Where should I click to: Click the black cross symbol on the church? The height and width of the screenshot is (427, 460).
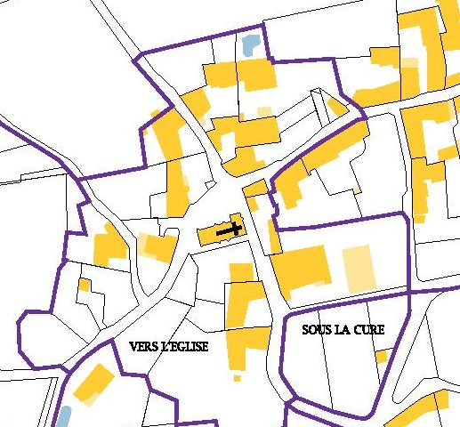click(x=230, y=230)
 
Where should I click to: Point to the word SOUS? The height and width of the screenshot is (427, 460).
click(x=315, y=329)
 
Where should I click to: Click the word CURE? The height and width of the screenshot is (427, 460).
click(x=370, y=329)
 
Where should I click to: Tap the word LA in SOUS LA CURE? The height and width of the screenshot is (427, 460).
click(x=342, y=329)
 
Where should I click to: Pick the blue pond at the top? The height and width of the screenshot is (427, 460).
click(x=252, y=44)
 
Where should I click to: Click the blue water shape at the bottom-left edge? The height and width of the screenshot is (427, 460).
click(x=63, y=416)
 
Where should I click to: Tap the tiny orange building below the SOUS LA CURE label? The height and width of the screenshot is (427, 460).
click(x=381, y=356)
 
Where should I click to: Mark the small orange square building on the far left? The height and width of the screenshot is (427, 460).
click(x=85, y=286)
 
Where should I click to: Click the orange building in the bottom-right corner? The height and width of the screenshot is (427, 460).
click(x=418, y=409)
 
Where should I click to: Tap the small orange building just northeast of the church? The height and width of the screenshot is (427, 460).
click(x=254, y=189)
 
